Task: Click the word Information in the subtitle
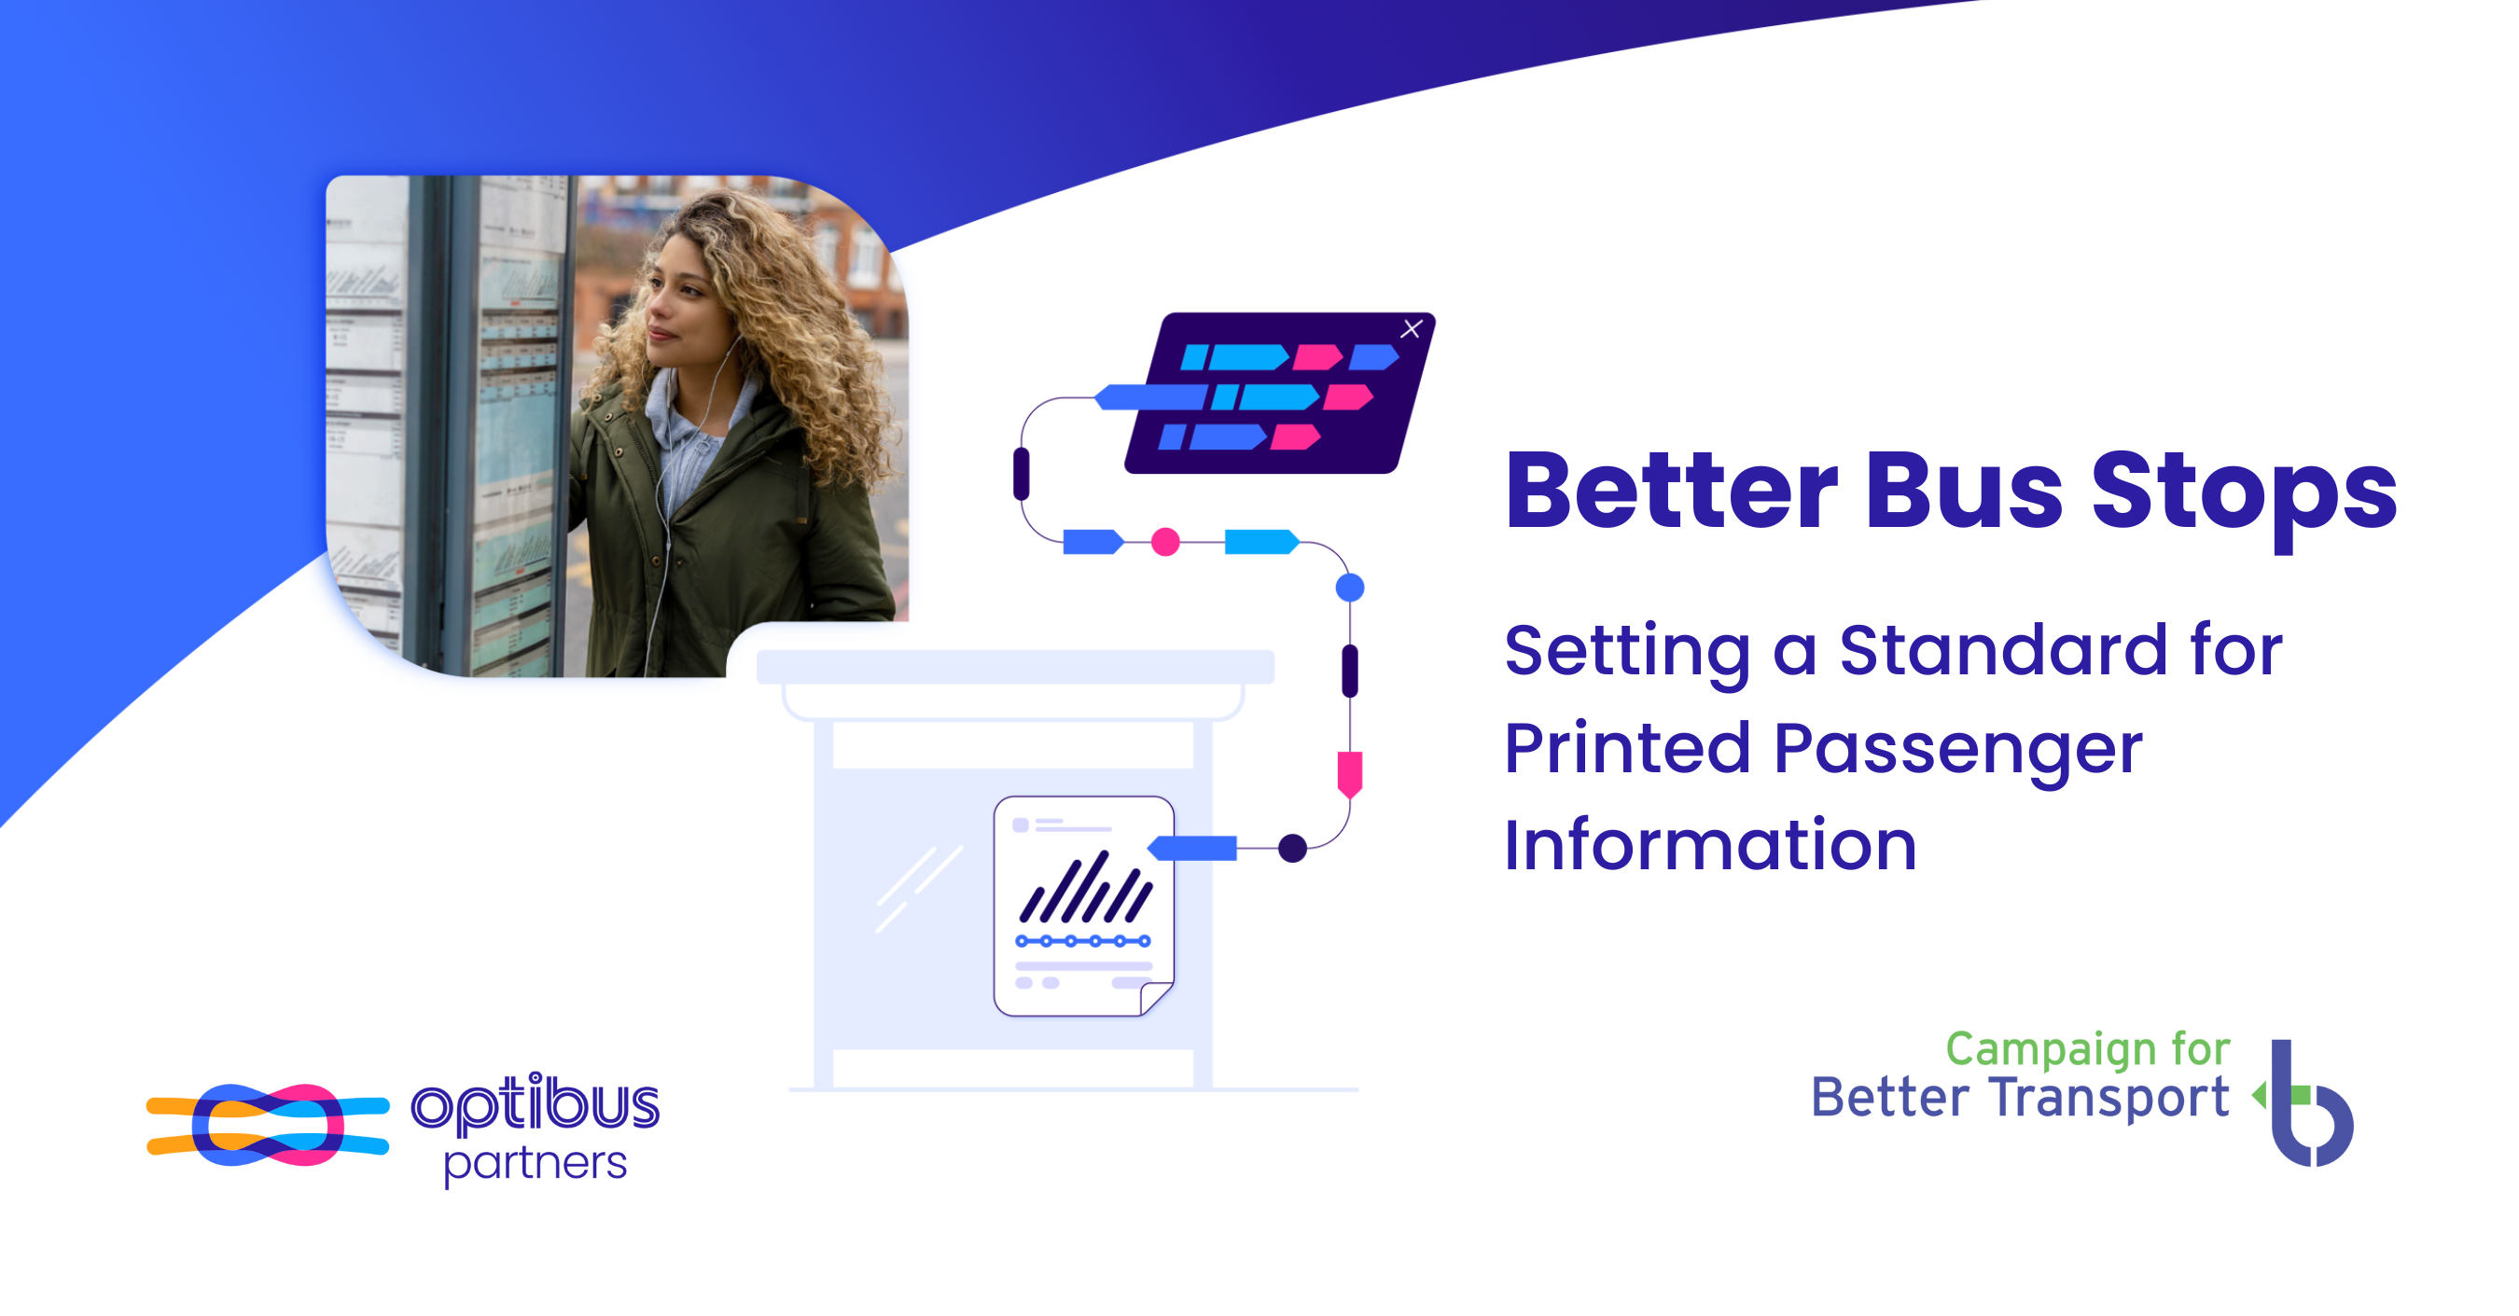click(x=1710, y=844)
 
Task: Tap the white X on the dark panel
click(x=1411, y=329)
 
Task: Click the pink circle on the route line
click(x=1164, y=542)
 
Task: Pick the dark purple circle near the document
click(x=1293, y=849)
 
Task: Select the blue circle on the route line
click(x=1349, y=588)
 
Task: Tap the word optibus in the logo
click(x=536, y=1104)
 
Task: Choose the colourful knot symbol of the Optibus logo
click(x=268, y=1125)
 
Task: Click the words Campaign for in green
click(x=2088, y=1049)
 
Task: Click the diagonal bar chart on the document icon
click(x=1086, y=887)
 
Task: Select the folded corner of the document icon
click(x=1157, y=998)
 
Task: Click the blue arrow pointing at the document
click(x=1192, y=849)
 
